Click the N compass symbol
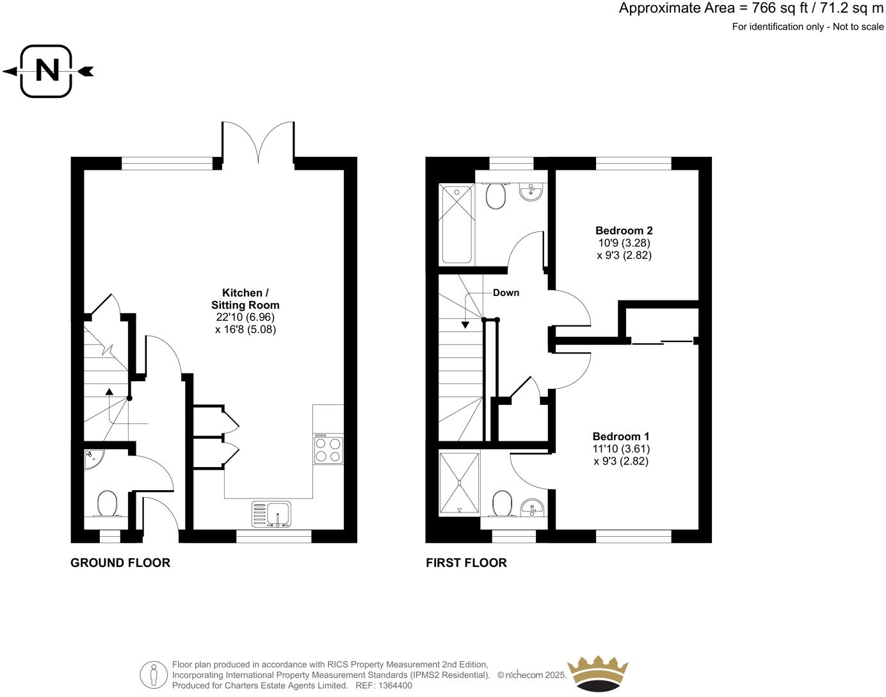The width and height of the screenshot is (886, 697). pos(47,71)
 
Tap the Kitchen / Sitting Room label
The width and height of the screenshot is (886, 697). pos(245,299)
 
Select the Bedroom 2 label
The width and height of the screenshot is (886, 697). pos(624,231)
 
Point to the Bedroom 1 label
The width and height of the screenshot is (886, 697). pos(620,436)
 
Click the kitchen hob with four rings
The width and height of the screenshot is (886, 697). pos(328,448)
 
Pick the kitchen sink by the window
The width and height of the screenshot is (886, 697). pos(271,514)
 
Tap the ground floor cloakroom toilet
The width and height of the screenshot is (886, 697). pos(106,504)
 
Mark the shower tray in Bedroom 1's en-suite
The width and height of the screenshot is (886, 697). pos(459,484)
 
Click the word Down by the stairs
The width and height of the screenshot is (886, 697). pos(506,293)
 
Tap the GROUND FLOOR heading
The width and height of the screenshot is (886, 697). pos(120,562)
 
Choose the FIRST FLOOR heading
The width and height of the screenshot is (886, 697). pos(466,562)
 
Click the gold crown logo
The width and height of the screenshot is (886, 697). pos(598,673)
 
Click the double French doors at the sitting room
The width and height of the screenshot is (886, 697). pos(258,142)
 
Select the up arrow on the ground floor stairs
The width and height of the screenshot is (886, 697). pos(109,391)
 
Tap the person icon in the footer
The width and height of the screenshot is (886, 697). pos(154,675)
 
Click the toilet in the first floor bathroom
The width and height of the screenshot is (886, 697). pos(496,196)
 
